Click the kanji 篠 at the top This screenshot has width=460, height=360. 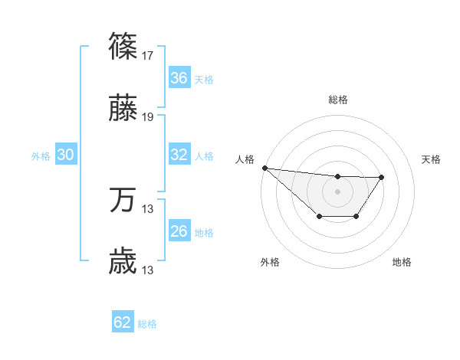(x=123, y=47)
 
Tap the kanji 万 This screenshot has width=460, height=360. (x=123, y=201)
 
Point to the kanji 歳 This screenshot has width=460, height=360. (x=123, y=263)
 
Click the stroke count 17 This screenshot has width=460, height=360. (x=148, y=55)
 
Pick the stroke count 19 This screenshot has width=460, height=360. (x=148, y=117)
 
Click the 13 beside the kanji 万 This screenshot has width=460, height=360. (x=148, y=209)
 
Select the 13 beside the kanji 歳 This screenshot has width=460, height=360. (x=148, y=270)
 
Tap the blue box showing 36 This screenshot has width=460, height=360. (x=179, y=77)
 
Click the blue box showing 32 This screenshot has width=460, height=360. (x=179, y=155)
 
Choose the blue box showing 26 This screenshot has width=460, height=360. (x=179, y=231)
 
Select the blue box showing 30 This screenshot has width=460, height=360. (x=66, y=155)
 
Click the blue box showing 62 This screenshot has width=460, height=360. (x=123, y=322)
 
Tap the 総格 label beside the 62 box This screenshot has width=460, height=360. (x=148, y=324)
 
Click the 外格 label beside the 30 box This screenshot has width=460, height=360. (x=41, y=156)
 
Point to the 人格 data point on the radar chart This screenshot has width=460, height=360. (x=264, y=168)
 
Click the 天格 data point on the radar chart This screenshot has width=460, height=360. (x=382, y=177)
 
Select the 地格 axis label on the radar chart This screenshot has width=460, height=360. (x=402, y=263)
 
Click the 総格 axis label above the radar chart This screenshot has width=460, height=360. (x=337, y=100)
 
